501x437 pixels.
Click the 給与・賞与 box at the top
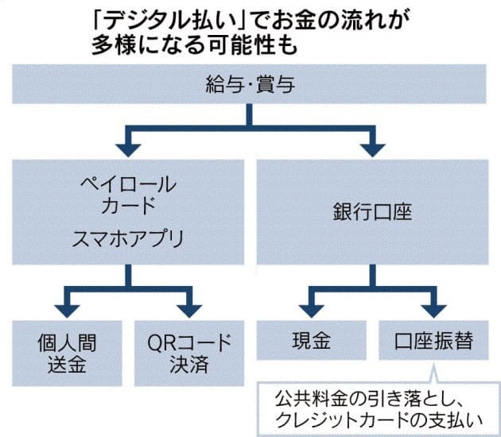coord(250,85)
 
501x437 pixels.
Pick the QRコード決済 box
coord(189,353)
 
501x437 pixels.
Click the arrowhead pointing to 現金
coord(311,306)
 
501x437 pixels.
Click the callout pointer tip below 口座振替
coord(433,369)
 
